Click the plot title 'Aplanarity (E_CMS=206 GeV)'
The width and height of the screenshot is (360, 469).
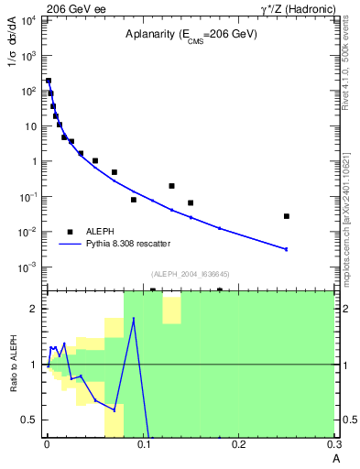point(191,34)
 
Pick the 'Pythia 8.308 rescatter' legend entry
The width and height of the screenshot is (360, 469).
point(127,243)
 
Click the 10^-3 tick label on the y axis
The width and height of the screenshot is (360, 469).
point(27,267)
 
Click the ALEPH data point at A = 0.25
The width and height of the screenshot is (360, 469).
point(287,216)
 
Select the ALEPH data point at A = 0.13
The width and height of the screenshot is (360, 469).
point(171,186)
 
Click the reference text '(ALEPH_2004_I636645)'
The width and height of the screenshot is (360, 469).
point(191,274)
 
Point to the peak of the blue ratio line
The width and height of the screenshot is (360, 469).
point(134,319)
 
